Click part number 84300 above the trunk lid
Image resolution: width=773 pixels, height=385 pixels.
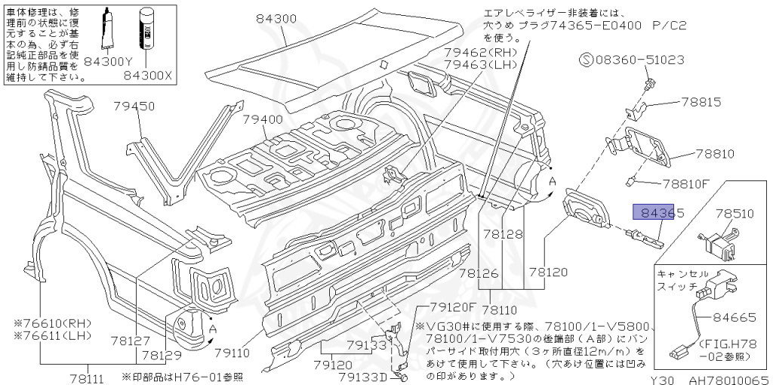click(275, 18)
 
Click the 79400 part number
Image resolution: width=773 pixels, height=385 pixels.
click(263, 119)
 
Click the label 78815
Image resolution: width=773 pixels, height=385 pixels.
click(702, 101)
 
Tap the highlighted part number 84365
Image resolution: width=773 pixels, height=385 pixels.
click(658, 214)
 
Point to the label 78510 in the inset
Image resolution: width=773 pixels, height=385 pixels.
click(735, 214)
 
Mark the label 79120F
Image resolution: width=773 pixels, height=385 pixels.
click(454, 307)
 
